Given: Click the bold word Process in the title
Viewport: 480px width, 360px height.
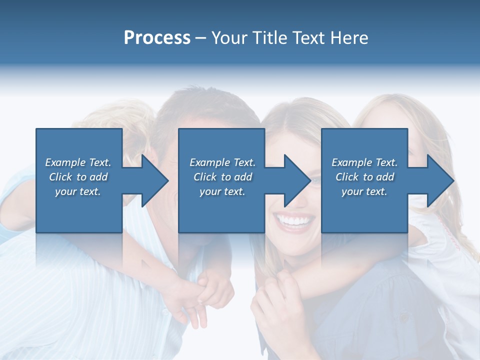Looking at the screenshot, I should pos(157,38).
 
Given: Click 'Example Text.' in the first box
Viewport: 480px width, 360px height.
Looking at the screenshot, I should pos(78,162).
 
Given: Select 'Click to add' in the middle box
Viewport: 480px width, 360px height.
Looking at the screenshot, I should pos(222,176).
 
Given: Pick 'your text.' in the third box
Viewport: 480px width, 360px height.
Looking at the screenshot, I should pos(364,191).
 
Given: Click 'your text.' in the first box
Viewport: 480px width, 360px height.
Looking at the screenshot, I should pos(78,191).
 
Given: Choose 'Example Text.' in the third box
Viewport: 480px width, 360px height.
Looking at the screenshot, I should pos(364,162).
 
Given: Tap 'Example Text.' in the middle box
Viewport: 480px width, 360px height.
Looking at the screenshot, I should pos(222,162).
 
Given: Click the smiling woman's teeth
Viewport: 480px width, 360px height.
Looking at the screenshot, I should pos(293,220).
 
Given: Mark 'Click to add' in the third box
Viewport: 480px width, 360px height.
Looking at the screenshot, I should pos(364,176).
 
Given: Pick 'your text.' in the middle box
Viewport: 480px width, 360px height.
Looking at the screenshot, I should pos(222,191).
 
